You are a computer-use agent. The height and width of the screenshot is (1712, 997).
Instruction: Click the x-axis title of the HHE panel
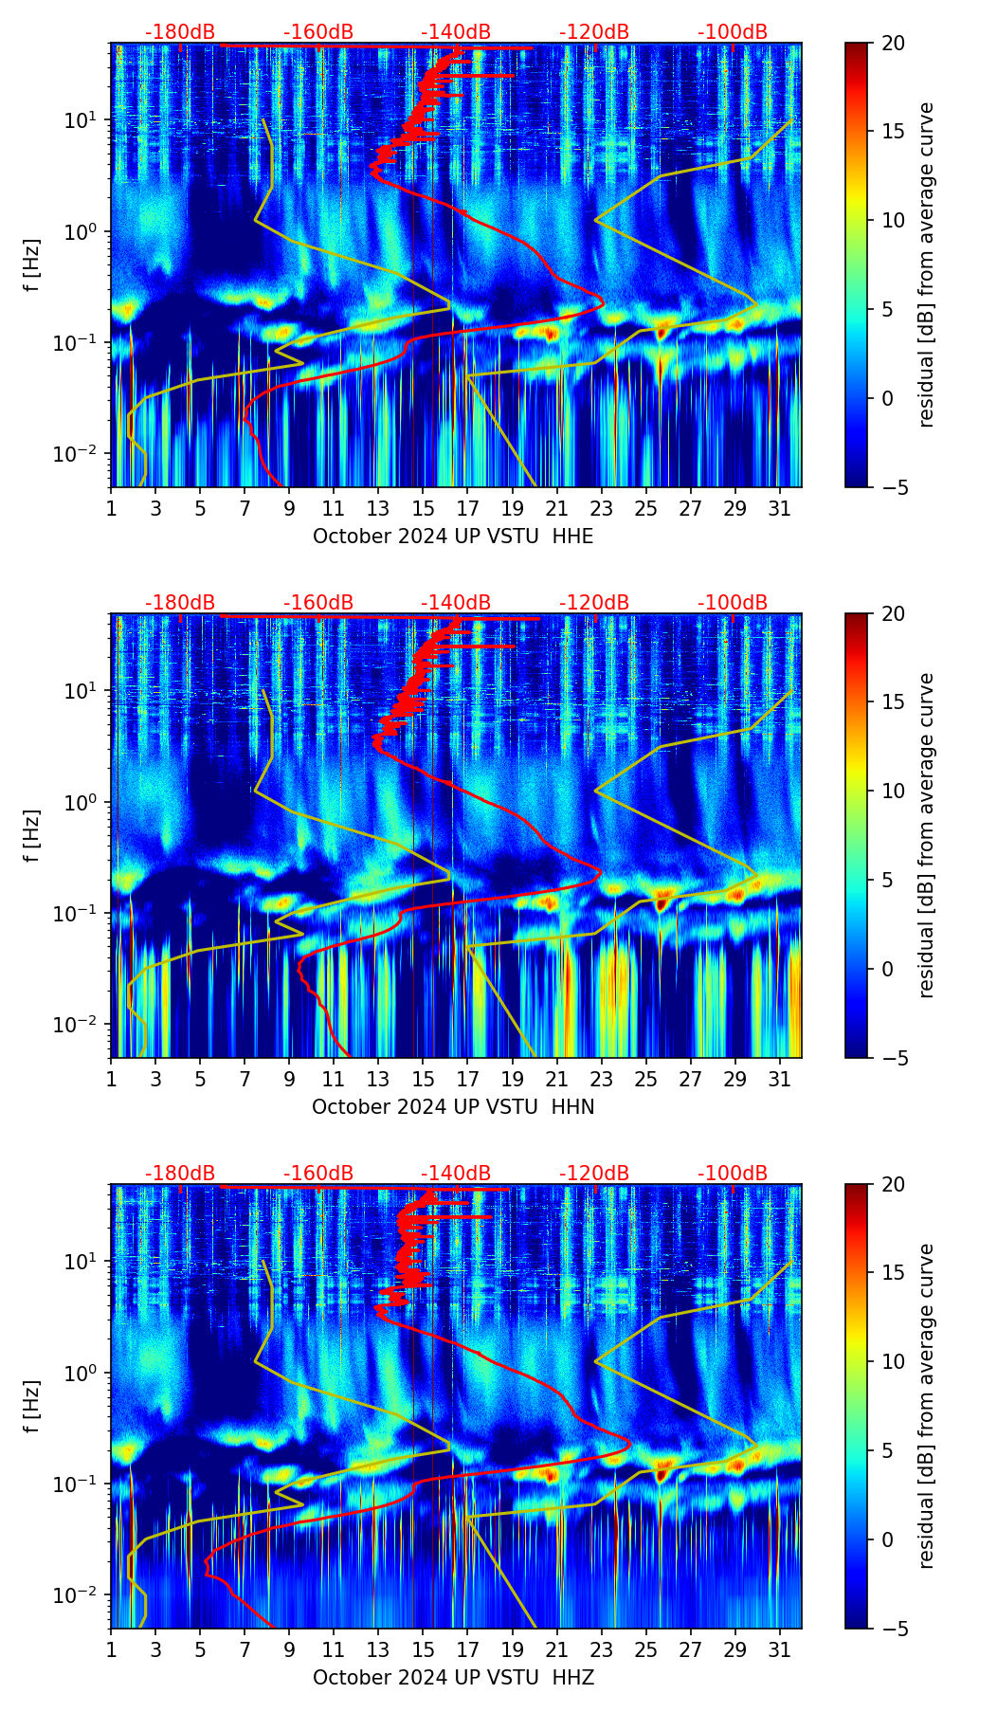453,537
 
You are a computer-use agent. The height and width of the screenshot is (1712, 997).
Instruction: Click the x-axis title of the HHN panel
453,1107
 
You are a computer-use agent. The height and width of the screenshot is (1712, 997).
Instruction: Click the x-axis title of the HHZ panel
453,1678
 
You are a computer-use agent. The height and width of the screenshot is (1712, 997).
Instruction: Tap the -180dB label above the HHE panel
180,32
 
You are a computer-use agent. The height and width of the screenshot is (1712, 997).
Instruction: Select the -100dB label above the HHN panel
733,603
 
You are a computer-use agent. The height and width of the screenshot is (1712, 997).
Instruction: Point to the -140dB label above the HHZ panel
456,1174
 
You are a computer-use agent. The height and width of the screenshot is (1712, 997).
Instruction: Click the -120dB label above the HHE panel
594,32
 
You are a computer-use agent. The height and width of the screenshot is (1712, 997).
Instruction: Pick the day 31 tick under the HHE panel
780,508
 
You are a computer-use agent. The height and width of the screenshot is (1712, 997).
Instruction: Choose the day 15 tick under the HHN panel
423,1079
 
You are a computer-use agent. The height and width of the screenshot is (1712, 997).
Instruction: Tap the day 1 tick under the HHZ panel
111,1649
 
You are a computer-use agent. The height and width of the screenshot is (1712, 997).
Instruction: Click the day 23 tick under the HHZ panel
602,1649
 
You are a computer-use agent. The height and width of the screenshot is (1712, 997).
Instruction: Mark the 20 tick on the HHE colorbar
894,43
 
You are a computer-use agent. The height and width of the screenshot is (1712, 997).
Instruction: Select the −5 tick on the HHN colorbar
894,1057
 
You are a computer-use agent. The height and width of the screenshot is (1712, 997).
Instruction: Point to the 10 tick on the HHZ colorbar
894,1361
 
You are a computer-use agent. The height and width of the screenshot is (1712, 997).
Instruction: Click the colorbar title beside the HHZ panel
927,1406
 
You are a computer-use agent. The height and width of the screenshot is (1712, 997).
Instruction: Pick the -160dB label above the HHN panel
318,603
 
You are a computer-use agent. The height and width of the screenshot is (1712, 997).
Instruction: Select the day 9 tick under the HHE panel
289,508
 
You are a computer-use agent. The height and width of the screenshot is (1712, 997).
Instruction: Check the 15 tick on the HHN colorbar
894,702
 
